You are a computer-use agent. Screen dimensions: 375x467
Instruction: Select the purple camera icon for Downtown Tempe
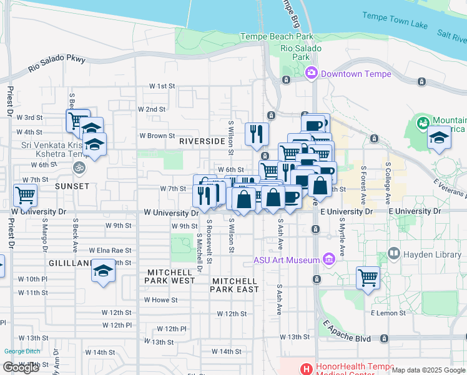point(311,74)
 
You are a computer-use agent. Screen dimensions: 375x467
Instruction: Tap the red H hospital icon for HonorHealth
point(307,369)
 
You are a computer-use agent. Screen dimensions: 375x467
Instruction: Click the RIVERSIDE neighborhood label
point(202,141)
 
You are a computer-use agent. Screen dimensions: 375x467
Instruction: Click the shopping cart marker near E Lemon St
point(368,276)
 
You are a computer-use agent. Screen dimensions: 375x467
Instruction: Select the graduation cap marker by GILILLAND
point(103,271)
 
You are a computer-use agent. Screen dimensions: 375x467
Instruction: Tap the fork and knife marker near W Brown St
point(257,133)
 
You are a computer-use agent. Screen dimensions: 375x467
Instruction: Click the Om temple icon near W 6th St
point(79,167)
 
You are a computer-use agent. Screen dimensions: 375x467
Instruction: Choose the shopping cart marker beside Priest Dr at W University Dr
point(25,195)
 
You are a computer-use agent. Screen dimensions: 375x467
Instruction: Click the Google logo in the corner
point(21,367)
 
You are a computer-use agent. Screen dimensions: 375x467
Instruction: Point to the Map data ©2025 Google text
point(428,370)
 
